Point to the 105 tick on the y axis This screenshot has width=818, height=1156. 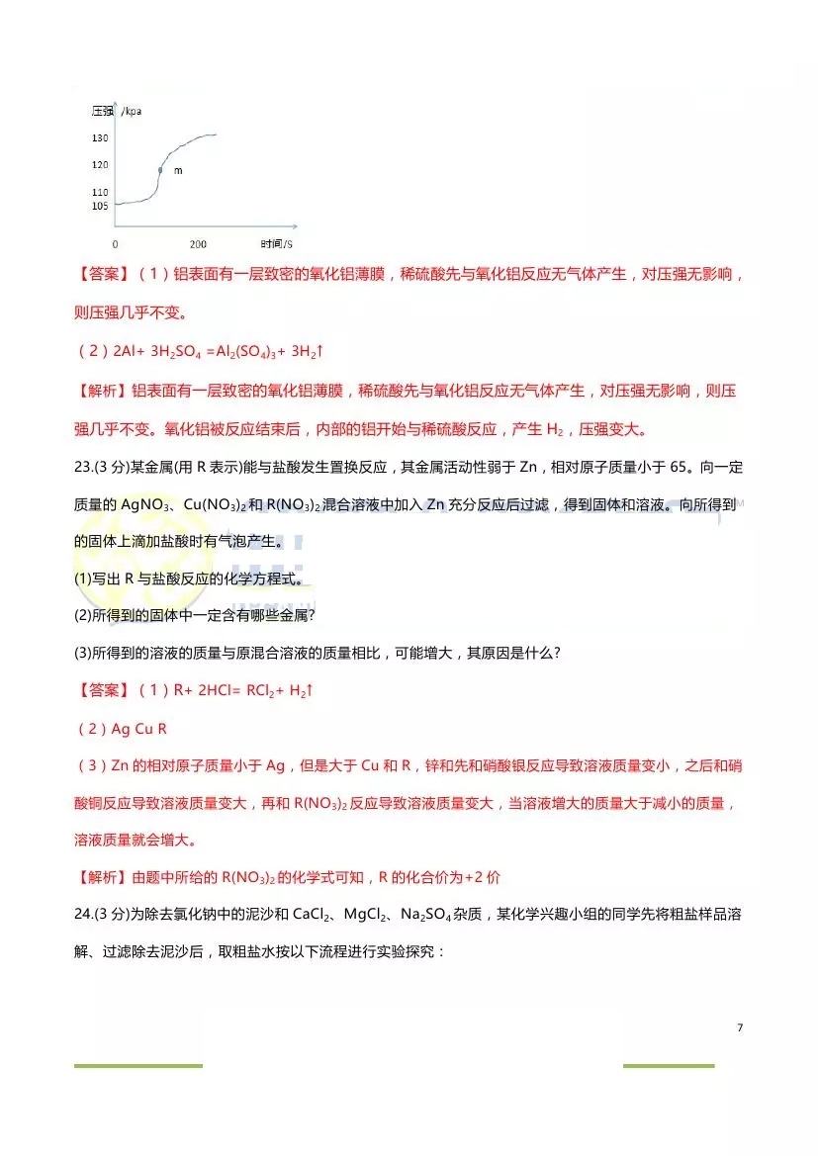click(100, 206)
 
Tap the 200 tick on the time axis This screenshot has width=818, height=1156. click(198, 244)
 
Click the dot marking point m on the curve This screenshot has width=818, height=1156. click(159, 171)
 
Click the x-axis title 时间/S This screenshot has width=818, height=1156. click(278, 244)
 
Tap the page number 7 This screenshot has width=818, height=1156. click(739, 1027)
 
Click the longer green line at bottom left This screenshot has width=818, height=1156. click(137, 1065)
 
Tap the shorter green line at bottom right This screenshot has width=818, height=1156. click(668, 1065)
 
